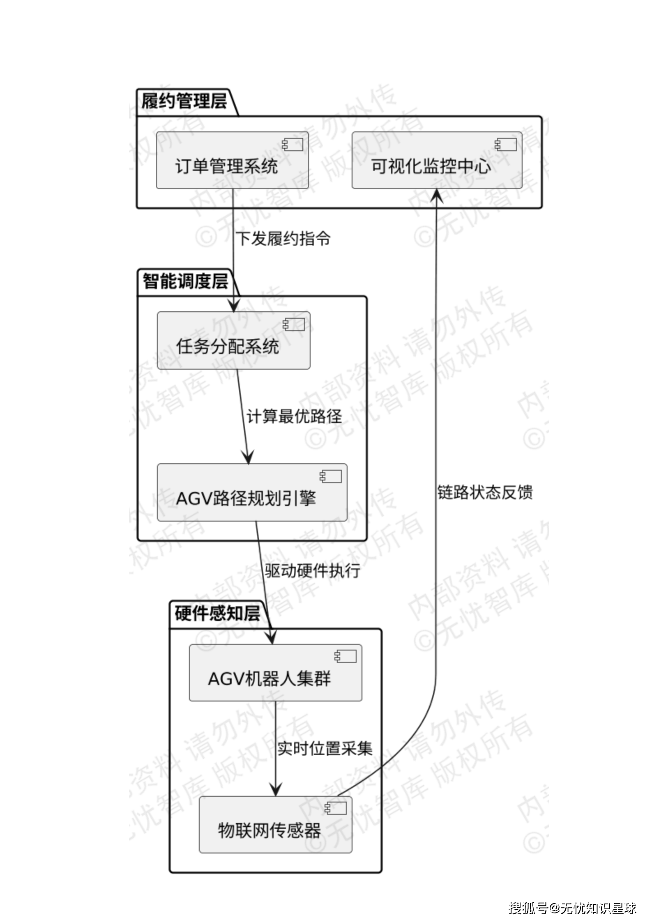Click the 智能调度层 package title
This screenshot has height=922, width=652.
[185, 282]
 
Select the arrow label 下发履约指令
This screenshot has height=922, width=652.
[283, 239]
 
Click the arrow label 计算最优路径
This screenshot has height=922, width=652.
[294, 416]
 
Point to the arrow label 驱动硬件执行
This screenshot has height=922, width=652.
[313, 571]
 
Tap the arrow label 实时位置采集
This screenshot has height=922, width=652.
[325, 749]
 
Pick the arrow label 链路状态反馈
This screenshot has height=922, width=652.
[485, 492]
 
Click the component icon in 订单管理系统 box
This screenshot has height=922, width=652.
[293, 145]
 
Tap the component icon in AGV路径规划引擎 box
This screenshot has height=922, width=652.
[331, 476]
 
